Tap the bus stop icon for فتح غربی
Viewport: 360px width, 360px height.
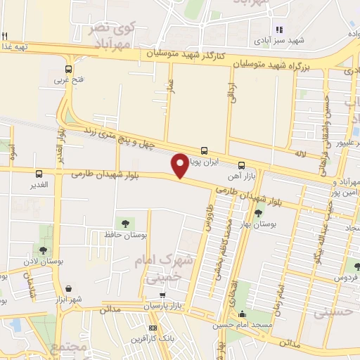pos(68,70)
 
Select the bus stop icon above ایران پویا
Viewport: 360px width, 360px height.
pos(204,150)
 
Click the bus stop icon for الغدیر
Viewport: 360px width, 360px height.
pos(39,174)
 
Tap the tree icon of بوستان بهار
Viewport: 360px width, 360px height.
pos(259,213)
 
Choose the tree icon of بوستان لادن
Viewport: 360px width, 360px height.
pos(44,250)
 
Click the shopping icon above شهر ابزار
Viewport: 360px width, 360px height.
pos(70,288)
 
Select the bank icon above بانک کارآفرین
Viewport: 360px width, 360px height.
pos(153,328)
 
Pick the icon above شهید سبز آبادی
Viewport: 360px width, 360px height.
pos(279,30)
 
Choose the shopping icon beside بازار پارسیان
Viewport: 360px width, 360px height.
pos(163,296)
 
